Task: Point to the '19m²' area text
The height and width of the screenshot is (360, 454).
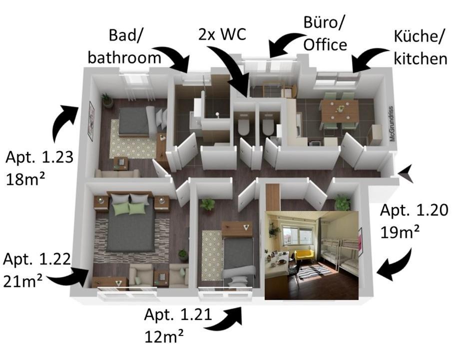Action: [x=400, y=231]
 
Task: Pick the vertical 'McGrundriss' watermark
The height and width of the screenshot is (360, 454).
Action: [x=393, y=123]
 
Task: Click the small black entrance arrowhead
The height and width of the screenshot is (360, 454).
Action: [x=406, y=172]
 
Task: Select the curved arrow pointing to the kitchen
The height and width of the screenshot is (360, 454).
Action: [x=369, y=57]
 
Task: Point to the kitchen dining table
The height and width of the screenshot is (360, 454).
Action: [x=340, y=110]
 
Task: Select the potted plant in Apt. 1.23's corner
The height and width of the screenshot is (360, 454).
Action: [x=107, y=100]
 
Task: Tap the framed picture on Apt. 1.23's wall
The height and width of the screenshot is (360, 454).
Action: [x=91, y=121]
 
